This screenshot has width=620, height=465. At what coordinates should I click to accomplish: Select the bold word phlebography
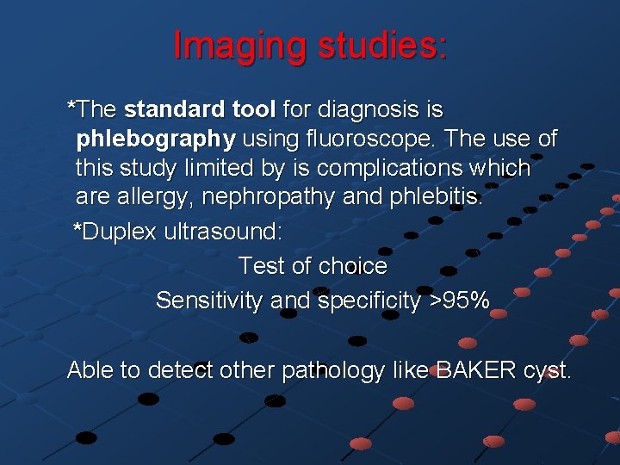(156, 139)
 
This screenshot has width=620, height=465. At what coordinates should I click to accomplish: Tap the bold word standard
(175, 110)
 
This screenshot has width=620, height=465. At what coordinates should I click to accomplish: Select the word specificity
(368, 301)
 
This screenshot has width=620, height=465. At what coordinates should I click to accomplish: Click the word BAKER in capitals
(474, 370)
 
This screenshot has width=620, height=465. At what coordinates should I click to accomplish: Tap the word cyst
(546, 370)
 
